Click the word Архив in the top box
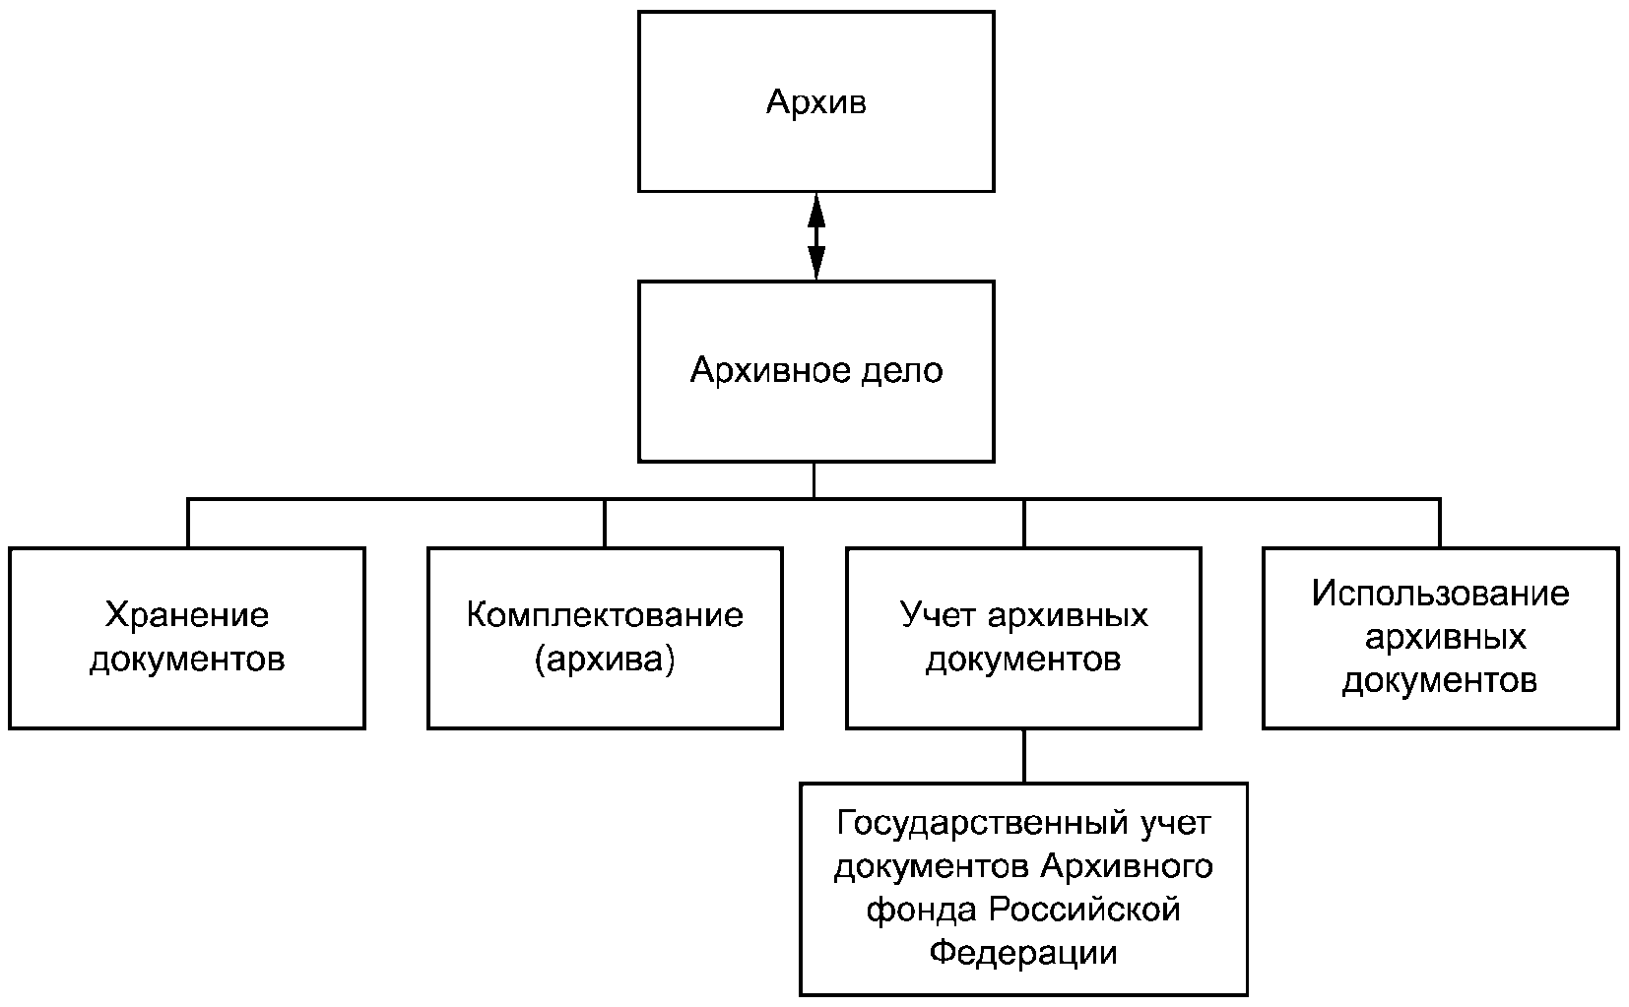pyautogui.click(x=815, y=101)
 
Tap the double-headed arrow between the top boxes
pyautogui.click(x=816, y=236)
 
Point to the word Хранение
pyautogui.click(x=187, y=616)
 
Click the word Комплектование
pyautogui.click(x=605, y=616)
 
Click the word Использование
pyautogui.click(x=1441, y=594)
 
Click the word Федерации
pyautogui.click(x=1023, y=953)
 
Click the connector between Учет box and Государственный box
pyautogui.click(x=1024, y=756)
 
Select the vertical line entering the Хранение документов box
pyautogui.click(x=188, y=523)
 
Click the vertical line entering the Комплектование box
pyautogui.click(x=605, y=523)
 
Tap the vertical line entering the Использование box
pyautogui.click(x=1440, y=523)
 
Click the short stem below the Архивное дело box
pyautogui.click(x=814, y=480)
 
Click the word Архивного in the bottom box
pyautogui.click(x=1128, y=866)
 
